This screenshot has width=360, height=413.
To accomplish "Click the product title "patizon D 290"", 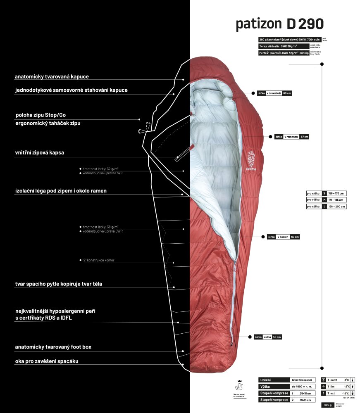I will pos(279,24).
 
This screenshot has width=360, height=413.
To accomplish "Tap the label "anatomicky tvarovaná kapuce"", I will pos(52,77).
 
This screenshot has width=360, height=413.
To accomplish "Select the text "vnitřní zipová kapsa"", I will pos(40,152).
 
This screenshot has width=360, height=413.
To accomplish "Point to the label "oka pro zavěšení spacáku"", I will pos(47,361).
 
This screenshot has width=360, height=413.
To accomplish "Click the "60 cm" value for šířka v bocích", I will pos(295,237).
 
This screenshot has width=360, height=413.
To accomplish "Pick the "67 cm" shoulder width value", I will pos(305,137).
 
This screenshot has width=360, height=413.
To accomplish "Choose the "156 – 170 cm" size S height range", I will pos(336,193).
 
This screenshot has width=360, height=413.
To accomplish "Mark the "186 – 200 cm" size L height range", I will pos(336,206).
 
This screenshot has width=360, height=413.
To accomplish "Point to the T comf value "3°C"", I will pos(346,380).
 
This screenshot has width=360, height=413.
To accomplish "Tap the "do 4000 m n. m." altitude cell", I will pos(302,387).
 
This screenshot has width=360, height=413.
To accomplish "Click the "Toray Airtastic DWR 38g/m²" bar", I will pos(283,46).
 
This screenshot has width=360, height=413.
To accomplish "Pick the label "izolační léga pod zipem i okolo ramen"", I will pos(61,191).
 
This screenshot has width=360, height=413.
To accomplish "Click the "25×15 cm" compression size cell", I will pos(305,394).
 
